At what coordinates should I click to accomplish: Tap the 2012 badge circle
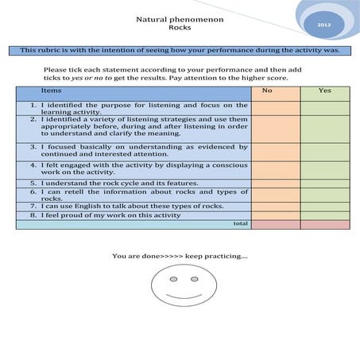(323, 25)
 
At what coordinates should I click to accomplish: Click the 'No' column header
(275, 91)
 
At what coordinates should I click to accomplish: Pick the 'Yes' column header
(324, 91)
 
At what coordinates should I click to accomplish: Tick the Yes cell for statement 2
(324, 127)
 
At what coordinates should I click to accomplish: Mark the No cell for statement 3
(275, 151)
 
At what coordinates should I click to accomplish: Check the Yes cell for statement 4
(324, 169)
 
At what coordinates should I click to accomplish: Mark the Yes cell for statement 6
(324, 195)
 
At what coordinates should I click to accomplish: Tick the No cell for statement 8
(275, 215)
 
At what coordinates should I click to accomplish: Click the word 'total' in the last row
(240, 224)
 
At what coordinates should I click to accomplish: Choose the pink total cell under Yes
(324, 224)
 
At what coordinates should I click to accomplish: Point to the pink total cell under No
(275, 224)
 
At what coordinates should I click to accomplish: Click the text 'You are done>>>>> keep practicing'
(180, 256)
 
